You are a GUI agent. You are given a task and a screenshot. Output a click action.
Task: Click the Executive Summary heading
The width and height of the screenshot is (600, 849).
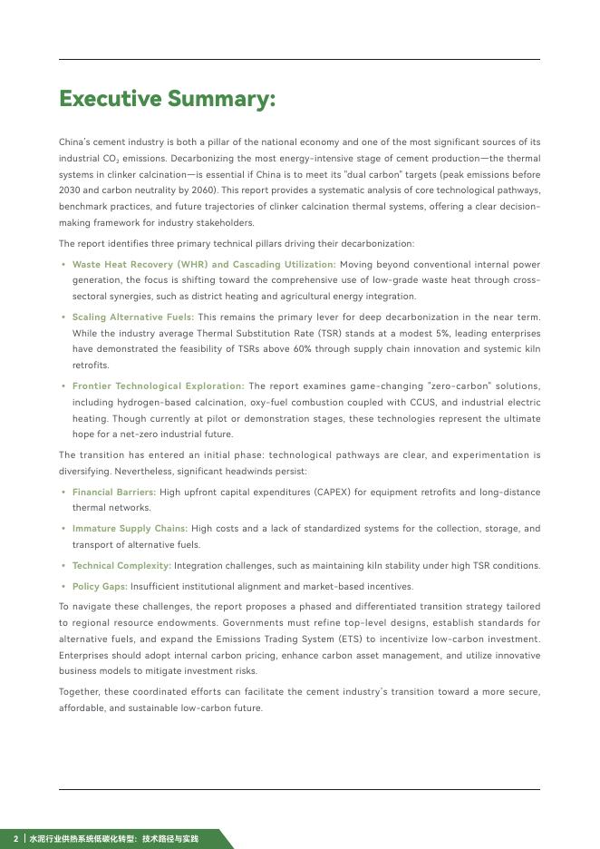click(x=167, y=99)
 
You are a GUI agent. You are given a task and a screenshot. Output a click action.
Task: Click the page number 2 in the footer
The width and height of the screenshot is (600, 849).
click(x=15, y=839)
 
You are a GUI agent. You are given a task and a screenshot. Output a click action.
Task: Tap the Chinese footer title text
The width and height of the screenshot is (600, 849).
click(x=113, y=839)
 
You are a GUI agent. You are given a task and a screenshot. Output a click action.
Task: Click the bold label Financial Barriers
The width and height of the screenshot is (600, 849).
click(x=114, y=492)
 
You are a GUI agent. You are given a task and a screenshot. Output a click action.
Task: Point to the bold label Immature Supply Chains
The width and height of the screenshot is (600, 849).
click(x=130, y=528)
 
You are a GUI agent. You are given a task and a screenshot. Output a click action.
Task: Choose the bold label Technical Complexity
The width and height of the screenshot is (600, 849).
click(x=121, y=566)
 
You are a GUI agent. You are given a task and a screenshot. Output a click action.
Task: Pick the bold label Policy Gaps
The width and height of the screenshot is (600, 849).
click(x=100, y=587)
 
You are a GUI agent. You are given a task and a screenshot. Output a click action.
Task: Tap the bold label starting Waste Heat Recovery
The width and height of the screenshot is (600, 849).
click(x=204, y=265)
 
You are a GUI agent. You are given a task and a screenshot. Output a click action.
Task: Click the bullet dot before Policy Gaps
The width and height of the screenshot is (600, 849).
click(x=63, y=587)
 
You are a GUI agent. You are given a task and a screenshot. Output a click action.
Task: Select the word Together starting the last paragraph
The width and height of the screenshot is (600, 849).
click(x=80, y=692)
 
